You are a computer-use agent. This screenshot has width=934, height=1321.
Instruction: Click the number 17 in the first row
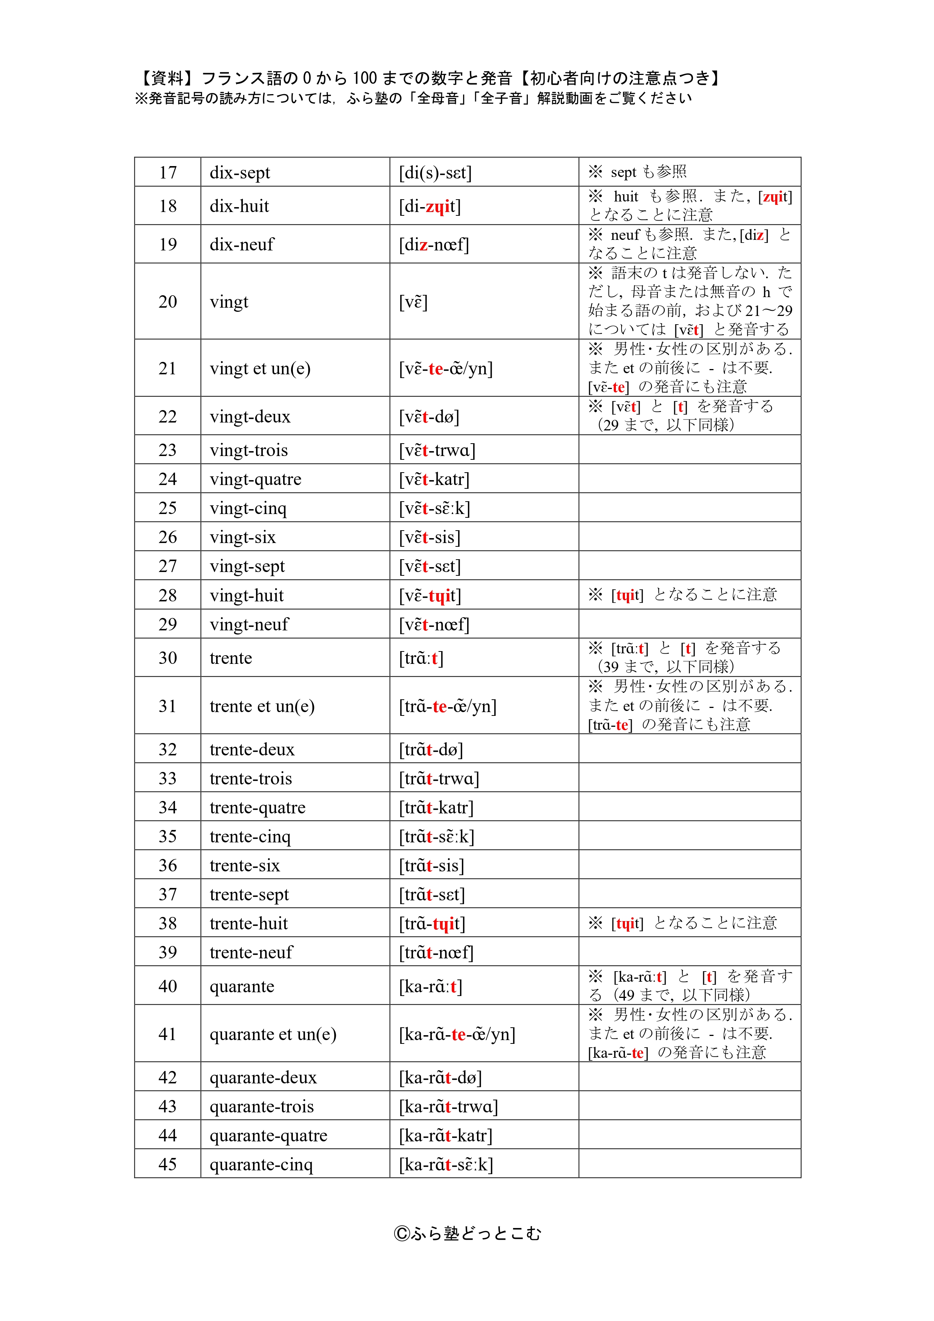tap(168, 172)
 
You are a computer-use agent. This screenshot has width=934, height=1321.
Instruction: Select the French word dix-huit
tap(239, 206)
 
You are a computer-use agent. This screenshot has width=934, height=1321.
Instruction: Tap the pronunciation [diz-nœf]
tap(434, 244)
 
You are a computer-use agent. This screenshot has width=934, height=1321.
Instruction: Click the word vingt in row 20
tap(229, 302)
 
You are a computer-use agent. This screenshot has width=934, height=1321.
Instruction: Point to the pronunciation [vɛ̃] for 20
tap(413, 302)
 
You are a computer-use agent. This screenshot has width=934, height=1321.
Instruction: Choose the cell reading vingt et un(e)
tap(260, 368)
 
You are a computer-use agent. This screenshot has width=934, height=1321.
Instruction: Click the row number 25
tap(168, 508)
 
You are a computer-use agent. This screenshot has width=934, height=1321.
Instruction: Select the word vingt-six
tap(243, 537)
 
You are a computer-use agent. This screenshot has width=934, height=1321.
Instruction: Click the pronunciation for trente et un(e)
tap(448, 706)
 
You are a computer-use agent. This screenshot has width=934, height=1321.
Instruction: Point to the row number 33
tap(168, 778)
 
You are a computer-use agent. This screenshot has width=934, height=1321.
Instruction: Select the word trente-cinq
tap(250, 837)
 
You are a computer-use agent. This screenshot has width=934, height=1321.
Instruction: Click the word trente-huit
tap(248, 923)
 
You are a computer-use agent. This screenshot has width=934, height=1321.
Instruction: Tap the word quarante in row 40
tap(242, 987)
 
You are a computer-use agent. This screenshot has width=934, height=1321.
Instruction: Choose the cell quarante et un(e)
tap(273, 1034)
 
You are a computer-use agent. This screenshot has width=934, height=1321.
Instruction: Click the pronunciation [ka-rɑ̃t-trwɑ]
tap(449, 1107)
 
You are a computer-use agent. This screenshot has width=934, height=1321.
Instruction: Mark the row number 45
tap(168, 1164)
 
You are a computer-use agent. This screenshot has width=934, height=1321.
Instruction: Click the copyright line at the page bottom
tap(467, 1234)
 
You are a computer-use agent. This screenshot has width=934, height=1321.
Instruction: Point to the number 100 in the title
tap(365, 78)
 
